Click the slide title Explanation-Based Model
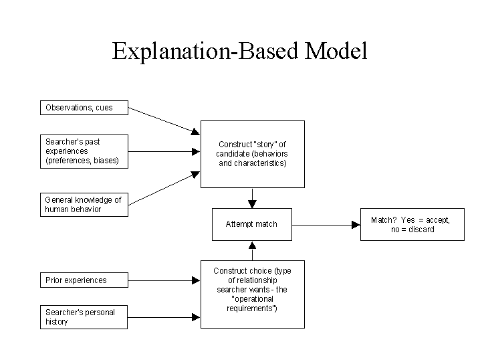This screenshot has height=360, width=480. click(239, 52)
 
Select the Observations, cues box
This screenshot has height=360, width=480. click(84, 108)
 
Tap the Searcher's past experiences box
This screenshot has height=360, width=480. click(84, 151)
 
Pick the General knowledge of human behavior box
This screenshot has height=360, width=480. click(84, 205)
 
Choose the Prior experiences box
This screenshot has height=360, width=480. click(84, 280)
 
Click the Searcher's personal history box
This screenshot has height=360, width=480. click(84, 317)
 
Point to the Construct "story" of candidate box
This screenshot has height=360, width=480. click(252, 154)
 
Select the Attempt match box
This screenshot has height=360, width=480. click(252, 224)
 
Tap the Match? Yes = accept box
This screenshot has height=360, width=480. click(412, 224)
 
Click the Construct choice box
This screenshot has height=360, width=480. click(252, 294)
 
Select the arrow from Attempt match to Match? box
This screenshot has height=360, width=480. click(327, 225)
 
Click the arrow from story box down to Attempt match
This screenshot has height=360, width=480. click(252, 198)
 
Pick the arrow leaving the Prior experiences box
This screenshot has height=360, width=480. click(164, 280)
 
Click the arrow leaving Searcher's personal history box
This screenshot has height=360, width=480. click(164, 316)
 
